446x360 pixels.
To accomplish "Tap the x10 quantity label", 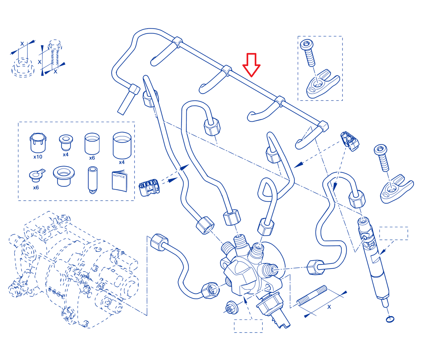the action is point(38,157).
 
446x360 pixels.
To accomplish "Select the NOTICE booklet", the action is point(120,181).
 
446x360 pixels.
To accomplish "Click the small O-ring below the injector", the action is point(390,319).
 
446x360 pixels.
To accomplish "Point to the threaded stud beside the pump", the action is point(312,296).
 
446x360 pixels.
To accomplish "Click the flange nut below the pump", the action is point(232,307).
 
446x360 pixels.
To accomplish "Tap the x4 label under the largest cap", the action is point(122,162).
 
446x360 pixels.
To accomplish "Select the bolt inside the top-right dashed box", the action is point(308,53).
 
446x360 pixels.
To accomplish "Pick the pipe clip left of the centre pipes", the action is point(149,187).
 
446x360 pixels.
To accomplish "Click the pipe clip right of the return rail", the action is point(350,141).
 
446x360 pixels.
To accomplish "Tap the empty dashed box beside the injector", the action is point(393,233).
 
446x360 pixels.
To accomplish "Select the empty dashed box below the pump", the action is point(248,326).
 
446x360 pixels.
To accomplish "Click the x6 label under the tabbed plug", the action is point(36,188).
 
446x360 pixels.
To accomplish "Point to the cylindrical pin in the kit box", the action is point(92,180).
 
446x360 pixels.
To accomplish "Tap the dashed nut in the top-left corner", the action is point(23,67).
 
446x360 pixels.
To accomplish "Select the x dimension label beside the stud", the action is point(329,307).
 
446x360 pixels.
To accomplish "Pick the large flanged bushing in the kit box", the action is point(64,176).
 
